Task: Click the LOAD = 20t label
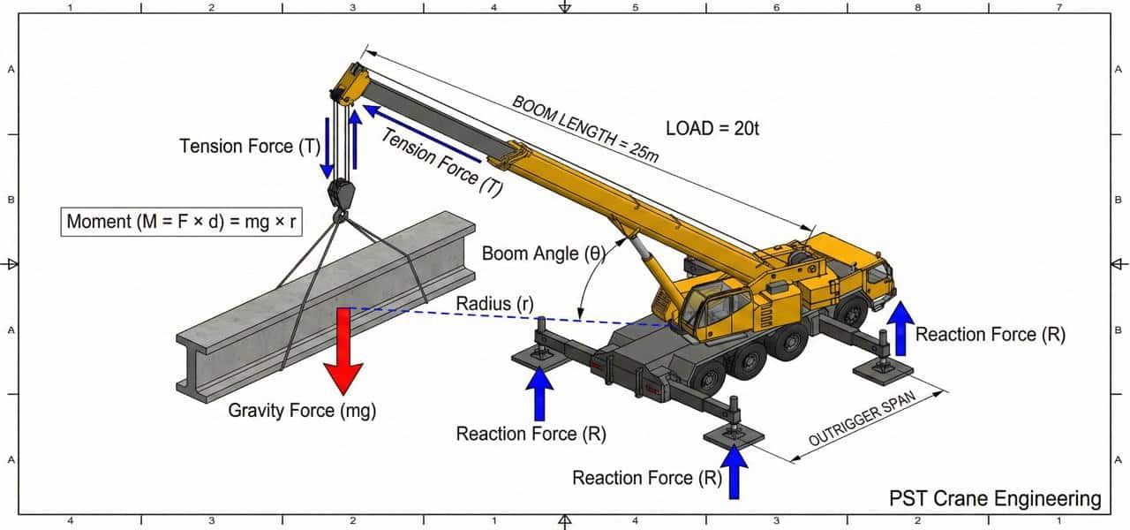click(x=712, y=128)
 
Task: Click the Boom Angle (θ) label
click(x=542, y=254)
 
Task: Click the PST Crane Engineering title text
click(x=995, y=499)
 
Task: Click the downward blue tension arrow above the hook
click(x=328, y=146)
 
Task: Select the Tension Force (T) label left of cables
click(x=248, y=146)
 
